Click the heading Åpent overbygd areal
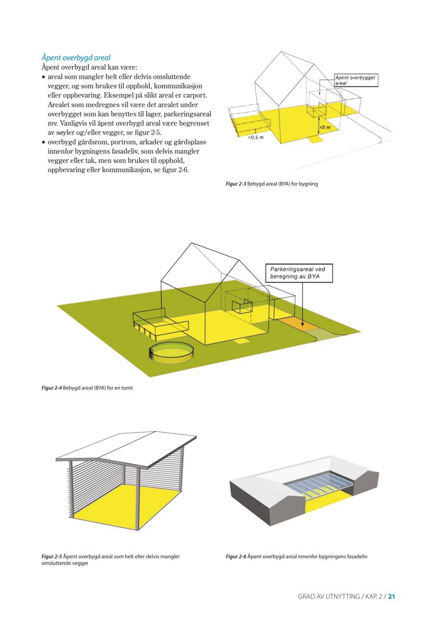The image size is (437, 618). tap(76, 57)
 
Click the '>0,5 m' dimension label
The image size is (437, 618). tap(255, 138)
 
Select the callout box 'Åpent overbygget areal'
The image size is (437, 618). tap(356, 80)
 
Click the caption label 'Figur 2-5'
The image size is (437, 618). tap(51, 556)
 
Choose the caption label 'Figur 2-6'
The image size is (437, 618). tap(236, 556)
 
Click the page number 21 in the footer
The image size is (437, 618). tap(392, 596)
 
